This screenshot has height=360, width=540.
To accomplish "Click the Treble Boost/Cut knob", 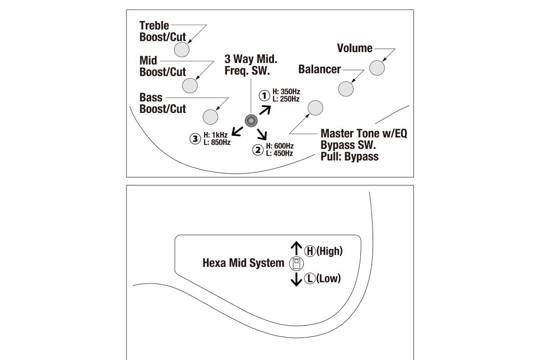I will pyautogui.click(x=182, y=49).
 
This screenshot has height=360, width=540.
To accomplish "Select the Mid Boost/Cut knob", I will pyautogui.click(x=190, y=85).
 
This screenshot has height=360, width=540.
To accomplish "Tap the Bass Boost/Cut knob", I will pyautogui.click(x=210, y=117).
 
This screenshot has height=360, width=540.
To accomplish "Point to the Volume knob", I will pyautogui.click(x=377, y=67).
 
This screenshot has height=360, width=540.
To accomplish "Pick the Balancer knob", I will pyautogui.click(x=346, y=89).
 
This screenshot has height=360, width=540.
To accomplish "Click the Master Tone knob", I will pyautogui.click(x=315, y=108).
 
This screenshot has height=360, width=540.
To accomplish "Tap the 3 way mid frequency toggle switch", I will pyautogui.click(x=251, y=121).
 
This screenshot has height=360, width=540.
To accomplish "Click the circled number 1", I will pyautogui.click(x=264, y=95).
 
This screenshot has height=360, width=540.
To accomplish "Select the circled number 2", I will pyautogui.click(x=258, y=149).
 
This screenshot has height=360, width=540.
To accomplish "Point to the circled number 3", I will pyautogui.click(x=195, y=139).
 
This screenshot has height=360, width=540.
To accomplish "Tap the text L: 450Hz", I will pyautogui.click(x=280, y=153).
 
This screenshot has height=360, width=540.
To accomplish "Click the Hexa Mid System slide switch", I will pyautogui.click(x=296, y=263).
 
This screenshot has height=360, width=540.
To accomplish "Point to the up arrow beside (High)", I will pyautogui.click(x=296, y=248).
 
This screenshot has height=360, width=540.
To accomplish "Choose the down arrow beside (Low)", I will pyautogui.click(x=296, y=279).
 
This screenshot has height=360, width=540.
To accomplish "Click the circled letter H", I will pyautogui.click(x=310, y=251).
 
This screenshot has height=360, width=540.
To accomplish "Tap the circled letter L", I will pyautogui.click(x=310, y=279).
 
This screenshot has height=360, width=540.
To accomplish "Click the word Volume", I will pyautogui.click(x=355, y=48).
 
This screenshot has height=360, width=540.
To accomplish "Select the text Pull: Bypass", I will pyautogui.click(x=350, y=157).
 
